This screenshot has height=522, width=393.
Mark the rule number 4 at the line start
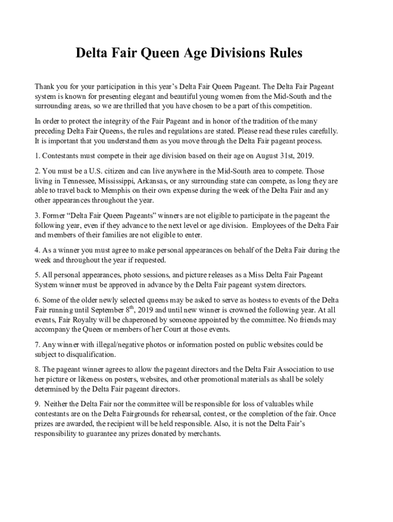(37, 250)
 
